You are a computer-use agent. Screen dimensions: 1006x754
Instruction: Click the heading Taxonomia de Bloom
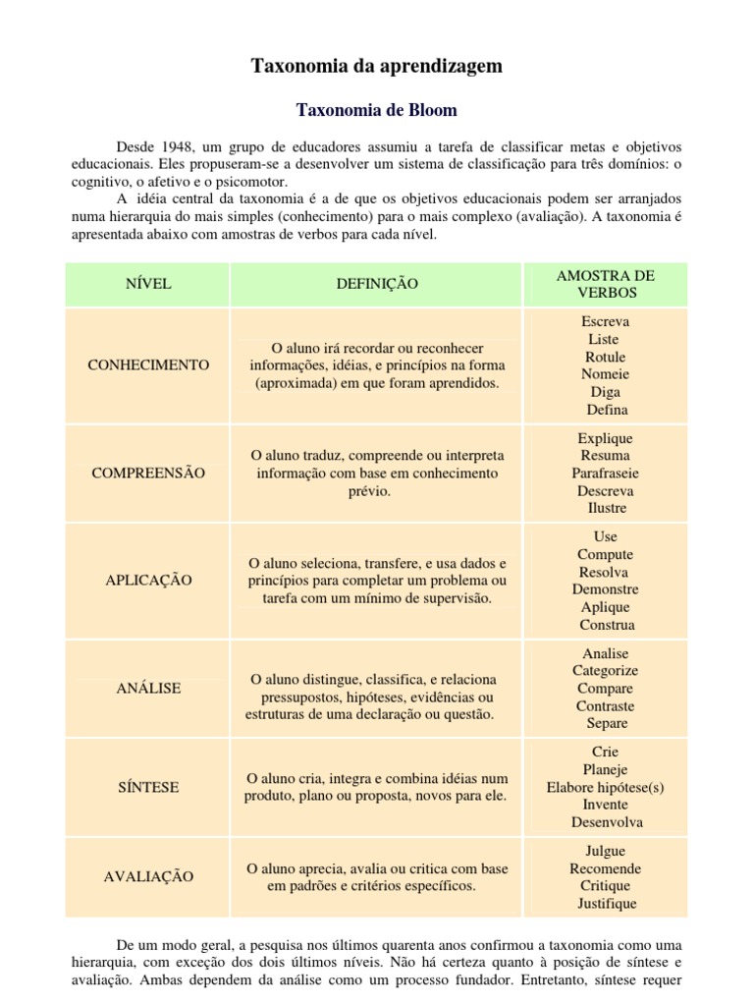[x=378, y=109]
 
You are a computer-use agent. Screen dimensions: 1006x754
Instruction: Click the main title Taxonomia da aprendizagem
[x=377, y=66]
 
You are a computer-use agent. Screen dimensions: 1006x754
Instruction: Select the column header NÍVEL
[x=148, y=284]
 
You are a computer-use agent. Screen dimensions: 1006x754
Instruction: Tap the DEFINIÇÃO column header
[x=377, y=284]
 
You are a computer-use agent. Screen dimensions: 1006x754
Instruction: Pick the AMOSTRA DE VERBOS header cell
[x=605, y=284]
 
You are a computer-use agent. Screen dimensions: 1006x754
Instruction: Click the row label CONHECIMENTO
[x=148, y=364]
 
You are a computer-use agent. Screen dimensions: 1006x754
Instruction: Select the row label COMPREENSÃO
[x=148, y=473]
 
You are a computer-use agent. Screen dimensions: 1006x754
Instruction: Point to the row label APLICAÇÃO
[x=148, y=580]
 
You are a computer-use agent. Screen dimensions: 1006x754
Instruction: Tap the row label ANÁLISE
[x=148, y=688]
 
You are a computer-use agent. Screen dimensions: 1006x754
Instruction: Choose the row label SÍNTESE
[x=148, y=787]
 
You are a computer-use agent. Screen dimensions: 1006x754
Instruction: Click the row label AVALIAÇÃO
[x=148, y=876]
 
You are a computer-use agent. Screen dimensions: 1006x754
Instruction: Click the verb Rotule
[x=605, y=357]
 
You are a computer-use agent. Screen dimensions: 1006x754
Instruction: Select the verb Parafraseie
[x=605, y=473]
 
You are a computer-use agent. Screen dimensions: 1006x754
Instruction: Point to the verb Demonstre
[x=605, y=589]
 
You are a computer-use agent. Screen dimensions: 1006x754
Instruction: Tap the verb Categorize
[x=605, y=671]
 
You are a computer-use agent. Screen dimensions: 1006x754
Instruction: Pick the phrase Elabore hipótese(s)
[x=605, y=787]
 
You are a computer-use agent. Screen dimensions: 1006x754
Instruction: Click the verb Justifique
[x=606, y=903]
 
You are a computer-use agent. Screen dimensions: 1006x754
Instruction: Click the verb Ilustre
[x=605, y=508]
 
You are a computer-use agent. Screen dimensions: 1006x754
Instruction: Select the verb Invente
[x=605, y=805]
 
